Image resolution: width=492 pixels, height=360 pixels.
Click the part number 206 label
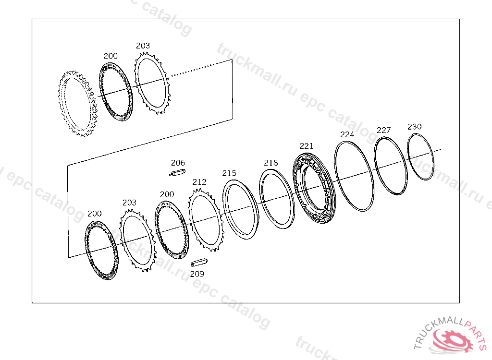[178, 163]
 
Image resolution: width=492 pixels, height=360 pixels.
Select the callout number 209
[197, 274]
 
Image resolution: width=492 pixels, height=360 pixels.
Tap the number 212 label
[199, 182]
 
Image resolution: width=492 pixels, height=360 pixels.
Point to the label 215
[229, 173]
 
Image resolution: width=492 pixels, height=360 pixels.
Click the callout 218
[271, 163]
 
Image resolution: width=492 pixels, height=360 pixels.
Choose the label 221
[306, 146]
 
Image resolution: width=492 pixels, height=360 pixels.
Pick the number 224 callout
[347, 134]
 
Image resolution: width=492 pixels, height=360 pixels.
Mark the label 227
[384, 130]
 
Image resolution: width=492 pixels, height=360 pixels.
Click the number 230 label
[415, 127]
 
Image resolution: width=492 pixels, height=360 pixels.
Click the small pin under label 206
[178, 172]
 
